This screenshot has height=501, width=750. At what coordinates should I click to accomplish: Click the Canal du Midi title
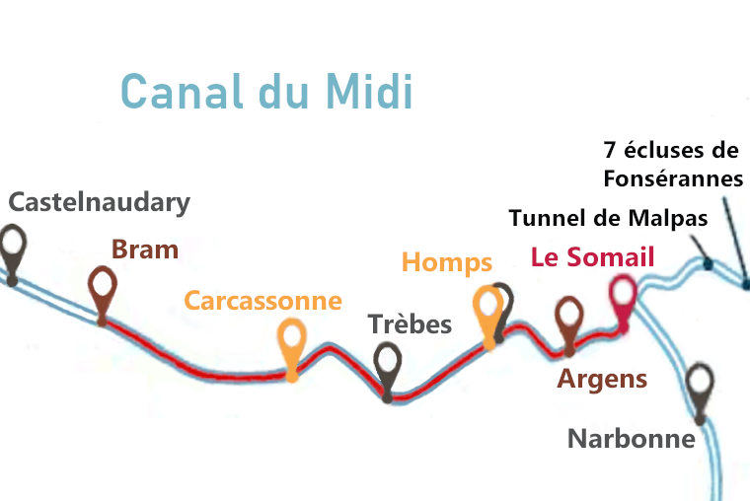266,92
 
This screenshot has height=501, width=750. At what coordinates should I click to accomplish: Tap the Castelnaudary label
99,203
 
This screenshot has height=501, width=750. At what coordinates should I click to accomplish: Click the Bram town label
145,250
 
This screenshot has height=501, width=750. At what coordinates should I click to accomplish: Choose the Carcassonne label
263,301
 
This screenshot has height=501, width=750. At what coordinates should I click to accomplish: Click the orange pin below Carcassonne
292,340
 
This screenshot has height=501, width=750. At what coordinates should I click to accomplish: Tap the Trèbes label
410,324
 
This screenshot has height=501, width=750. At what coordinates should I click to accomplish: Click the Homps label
446,262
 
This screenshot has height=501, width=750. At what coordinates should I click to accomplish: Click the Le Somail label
592,257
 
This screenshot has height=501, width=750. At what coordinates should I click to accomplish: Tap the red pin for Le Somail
622,294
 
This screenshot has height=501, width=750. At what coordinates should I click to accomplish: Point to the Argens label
602,379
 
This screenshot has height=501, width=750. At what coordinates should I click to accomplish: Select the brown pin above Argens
568,318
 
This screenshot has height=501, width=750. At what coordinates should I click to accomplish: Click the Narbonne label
632,438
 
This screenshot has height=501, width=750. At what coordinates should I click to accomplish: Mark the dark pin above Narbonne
700,383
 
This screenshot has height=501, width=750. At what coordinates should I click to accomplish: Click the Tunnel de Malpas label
608,218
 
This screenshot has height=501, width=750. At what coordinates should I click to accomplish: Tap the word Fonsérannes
672,179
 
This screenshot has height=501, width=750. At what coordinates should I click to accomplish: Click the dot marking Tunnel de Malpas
708,263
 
